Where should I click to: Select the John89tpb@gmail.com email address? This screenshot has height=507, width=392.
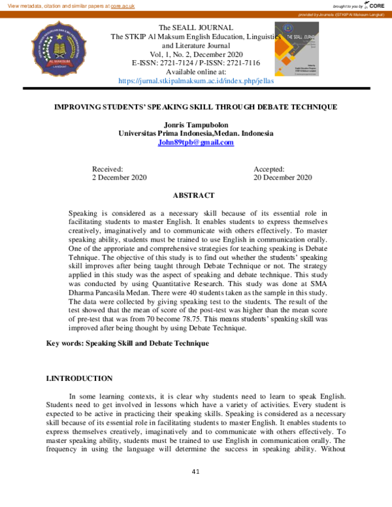pos(195,142)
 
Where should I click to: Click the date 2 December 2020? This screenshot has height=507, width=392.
pos(119,178)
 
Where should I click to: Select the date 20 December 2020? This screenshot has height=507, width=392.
pos(282,178)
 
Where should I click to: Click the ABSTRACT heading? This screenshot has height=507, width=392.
pos(193,195)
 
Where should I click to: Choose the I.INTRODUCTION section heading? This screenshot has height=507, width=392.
pos(79,378)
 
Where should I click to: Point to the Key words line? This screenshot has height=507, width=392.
pos(127,343)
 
